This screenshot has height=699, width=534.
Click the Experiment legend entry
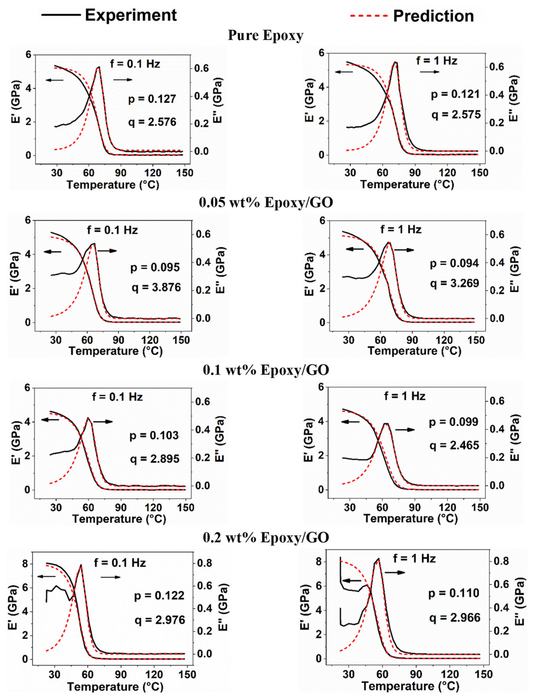coord(108,15)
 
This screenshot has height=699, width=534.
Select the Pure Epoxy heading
coord(266,36)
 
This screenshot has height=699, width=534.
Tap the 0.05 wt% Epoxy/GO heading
coord(266,203)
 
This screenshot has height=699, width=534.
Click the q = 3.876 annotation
coord(156,288)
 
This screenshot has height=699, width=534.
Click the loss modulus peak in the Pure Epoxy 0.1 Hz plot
coord(99,67)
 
